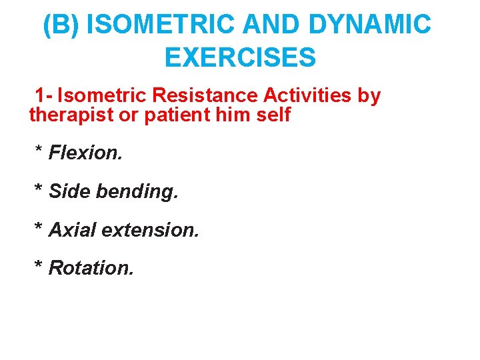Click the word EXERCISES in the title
(x=240, y=58)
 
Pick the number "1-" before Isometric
(x=45, y=95)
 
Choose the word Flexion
(x=86, y=153)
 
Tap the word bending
(x=137, y=193)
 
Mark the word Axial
(x=73, y=230)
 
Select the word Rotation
(x=91, y=268)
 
